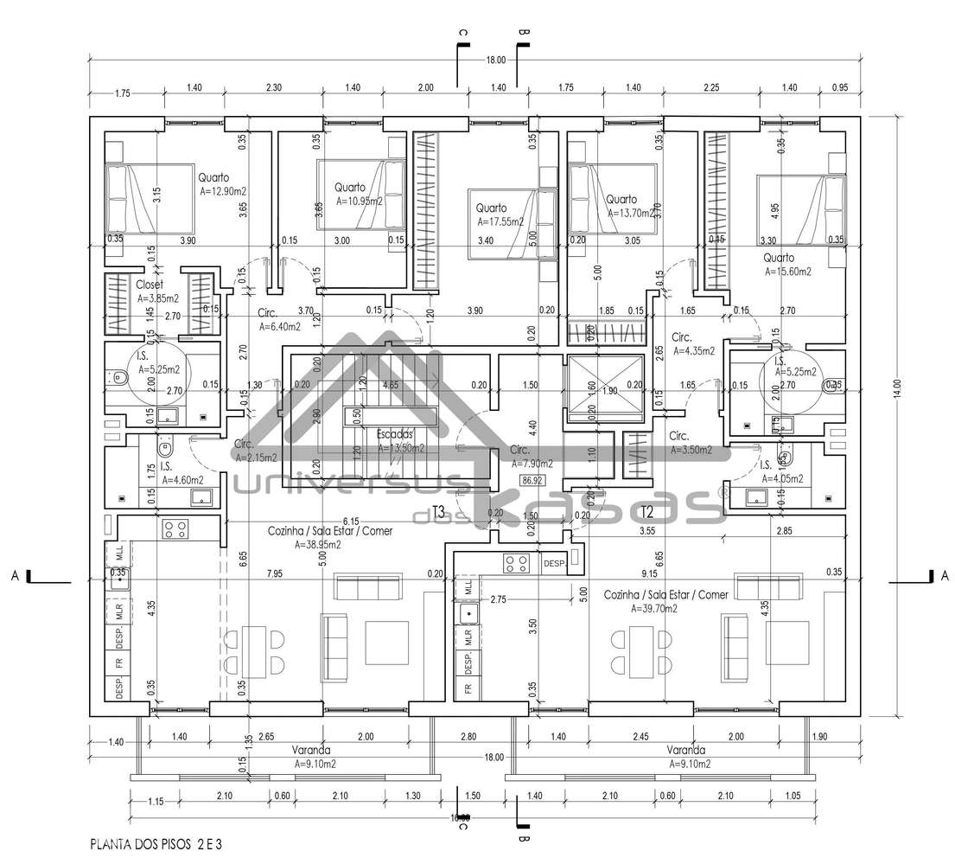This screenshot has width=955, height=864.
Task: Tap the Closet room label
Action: pyautogui.click(x=150, y=283)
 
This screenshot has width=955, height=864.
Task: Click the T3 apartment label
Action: pyautogui.click(x=438, y=510)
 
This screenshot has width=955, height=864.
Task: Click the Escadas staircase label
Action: pyautogui.click(x=396, y=434)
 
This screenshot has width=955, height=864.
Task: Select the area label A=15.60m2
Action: pyautogui.click(x=788, y=271)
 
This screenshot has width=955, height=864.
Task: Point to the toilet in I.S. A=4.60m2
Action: pyautogui.click(x=166, y=451)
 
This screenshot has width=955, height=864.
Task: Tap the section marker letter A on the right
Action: pyautogui.click(x=944, y=575)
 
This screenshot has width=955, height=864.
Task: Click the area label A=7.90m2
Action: pyautogui.click(x=532, y=463)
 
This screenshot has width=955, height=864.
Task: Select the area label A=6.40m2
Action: pyautogui.click(x=280, y=327)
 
